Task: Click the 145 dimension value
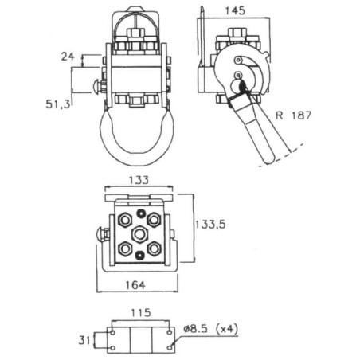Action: (x=235, y=11)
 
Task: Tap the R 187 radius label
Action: (x=293, y=115)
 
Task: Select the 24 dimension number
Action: (x=68, y=57)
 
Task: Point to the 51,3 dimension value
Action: (x=58, y=104)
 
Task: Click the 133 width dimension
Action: (x=139, y=180)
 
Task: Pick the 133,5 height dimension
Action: (x=210, y=225)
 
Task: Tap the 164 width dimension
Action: (x=135, y=285)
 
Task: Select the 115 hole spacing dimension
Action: (x=141, y=313)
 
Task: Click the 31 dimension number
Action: (x=84, y=340)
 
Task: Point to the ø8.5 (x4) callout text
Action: (x=211, y=329)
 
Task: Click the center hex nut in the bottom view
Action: (x=139, y=234)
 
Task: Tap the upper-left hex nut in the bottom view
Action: (x=125, y=220)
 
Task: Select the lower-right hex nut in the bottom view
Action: (x=155, y=248)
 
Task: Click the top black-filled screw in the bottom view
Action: (x=140, y=213)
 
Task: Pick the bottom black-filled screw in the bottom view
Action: (x=139, y=256)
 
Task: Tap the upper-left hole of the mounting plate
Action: (x=113, y=332)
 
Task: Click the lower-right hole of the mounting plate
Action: (x=170, y=347)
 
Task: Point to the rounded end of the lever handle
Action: (x=268, y=159)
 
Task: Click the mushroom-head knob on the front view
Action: (x=96, y=86)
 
